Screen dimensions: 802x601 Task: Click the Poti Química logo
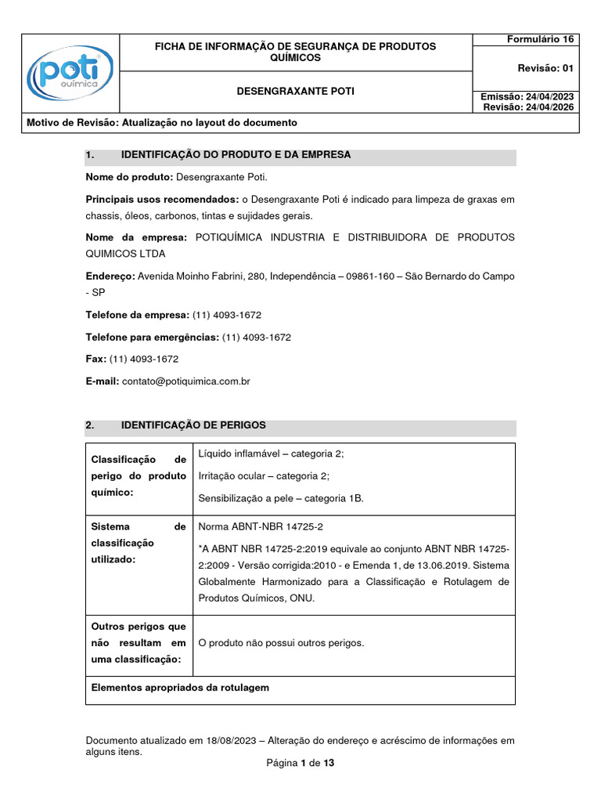pyautogui.click(x=70, y=74)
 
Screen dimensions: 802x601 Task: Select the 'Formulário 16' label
pyautogui.click(x=540, y=39)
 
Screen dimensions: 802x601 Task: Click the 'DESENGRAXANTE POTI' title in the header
pyautogui.click(x=296, y=92)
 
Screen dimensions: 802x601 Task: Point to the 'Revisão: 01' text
pyautogui.click(x=545, y=68)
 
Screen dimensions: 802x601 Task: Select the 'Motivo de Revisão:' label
pyautogui.click(x=73, y=123)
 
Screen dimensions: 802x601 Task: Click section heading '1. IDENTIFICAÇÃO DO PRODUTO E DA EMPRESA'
pyautogui.click(x=235, y=155)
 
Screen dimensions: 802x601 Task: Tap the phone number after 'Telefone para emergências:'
pyautogui.click(x=257, y=337)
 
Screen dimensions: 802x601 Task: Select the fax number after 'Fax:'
pyautogui.click(x=144, y=359)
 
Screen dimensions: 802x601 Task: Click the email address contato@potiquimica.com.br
pyautogui.click(x=186, y=381)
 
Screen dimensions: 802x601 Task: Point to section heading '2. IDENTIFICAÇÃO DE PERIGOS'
pyautogui.click(x=193, y=425)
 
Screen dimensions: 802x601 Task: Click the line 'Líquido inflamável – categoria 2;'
pyautogui.click(x=271, y=454)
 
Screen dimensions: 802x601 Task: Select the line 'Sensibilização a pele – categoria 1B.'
pyautogui.click(x=281, y=498)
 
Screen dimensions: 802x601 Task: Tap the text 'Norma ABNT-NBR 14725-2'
pyautogui.click(x=261, y=527)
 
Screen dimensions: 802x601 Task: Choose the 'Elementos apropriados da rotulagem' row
pyautogui.click(x=180, y=688)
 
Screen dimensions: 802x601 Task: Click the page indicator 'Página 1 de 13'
pyautogui.click(x=300, y=763)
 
